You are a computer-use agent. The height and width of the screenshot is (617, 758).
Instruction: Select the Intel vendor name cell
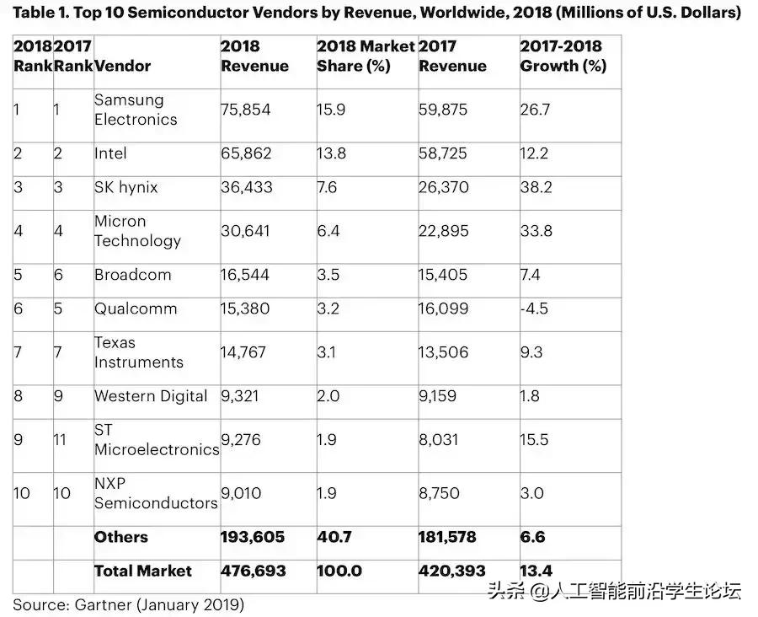(x=110, y=153)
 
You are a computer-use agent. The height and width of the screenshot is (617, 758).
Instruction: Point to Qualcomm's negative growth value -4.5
(x=534, y=308)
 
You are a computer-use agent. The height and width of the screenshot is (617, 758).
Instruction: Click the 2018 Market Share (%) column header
(x=366, y=56)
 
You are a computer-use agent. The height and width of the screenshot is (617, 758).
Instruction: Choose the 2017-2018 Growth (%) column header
(x=563, y=56)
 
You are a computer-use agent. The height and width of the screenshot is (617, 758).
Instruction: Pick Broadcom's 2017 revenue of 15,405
(x=444, y=275)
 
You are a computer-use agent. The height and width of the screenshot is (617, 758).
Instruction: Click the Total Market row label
(x=142, y=571)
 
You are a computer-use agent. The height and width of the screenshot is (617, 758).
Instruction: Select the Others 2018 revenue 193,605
(x=253, y=537)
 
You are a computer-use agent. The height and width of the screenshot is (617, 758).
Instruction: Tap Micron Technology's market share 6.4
(x=328, y=231)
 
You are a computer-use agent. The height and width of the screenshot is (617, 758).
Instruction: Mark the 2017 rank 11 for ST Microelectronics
(x=62, y=440)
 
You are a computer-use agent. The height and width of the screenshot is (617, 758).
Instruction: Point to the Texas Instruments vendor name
(x=138, y=352)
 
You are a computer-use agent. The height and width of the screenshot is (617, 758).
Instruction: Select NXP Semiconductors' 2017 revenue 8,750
(x=440, y=493)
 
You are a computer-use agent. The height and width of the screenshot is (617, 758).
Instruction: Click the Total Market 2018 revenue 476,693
(x=253, y=571)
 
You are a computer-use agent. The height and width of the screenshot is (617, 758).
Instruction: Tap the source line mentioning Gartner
(x=128, y=604)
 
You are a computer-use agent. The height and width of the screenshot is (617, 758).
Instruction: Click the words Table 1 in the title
(x=42, y=13)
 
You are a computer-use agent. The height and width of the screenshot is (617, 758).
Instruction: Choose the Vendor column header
(x=123, y=66)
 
